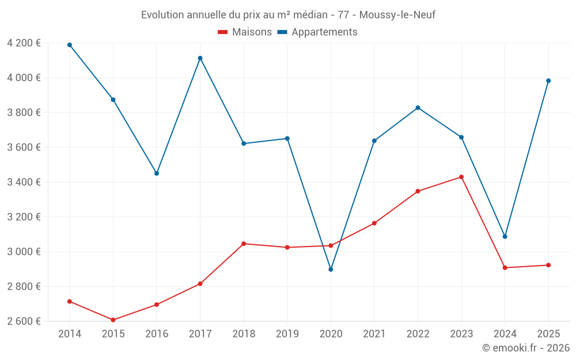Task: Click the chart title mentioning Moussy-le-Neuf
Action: tap(288, 14)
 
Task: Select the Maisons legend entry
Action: tap(245, 32)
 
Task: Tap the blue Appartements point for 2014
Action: tap(70, 45)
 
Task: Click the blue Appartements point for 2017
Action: tap(200, 58)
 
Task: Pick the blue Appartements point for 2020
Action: tap(331, 270)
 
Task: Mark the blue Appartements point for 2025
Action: tap(548, 81)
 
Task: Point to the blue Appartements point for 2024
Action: tap(505, 237)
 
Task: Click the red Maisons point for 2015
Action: tap(113, 320)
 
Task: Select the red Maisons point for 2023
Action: tap(461, 177)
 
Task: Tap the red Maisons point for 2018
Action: tap(244, 244)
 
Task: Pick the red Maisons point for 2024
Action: tap(505, 268)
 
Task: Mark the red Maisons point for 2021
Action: tap(374, 223)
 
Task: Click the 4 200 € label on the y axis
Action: tap(24, 43)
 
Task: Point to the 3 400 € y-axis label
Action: tap(24, 182)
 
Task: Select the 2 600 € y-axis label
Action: tap(24, 321)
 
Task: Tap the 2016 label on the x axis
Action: tap(157, 334)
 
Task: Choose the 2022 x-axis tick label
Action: tap(418, 334)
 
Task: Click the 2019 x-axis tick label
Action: tap(287, 334)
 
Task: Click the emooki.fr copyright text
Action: tap(525, 348)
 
